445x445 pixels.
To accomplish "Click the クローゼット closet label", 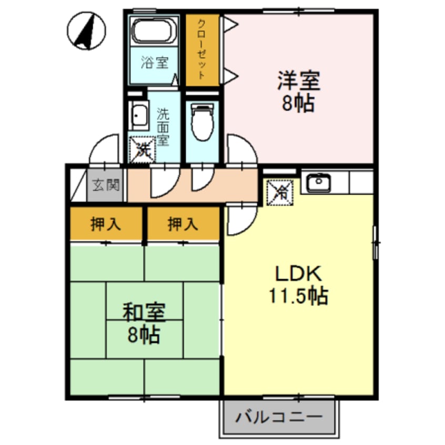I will pyautogui.click(x=201, y=49).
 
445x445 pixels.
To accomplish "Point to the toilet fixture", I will pyautogui.click(x=202, y=122).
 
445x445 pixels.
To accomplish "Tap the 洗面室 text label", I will pyautogui.click(x=163, y=126).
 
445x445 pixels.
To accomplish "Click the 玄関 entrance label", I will pyautogui.click(x=106, y=185).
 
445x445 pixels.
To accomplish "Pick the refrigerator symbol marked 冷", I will pyautogui.click(x=280, y=192).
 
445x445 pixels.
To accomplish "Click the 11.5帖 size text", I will pyautogui.click(x=299, y=296).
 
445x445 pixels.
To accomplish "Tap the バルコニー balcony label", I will pyautogui.click(x=278, y=419).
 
